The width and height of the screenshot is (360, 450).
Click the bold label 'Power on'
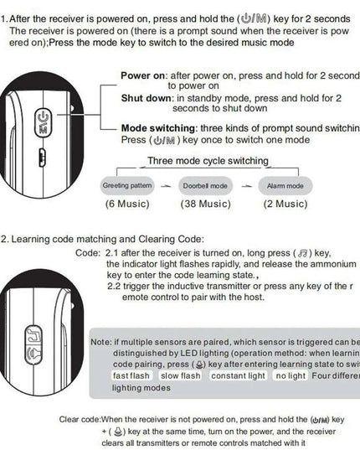143,75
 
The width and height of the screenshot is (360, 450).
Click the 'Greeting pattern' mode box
127,184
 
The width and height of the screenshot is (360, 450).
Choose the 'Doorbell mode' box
206,184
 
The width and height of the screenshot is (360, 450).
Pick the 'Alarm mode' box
285,184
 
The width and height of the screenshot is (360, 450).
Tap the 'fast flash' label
132,375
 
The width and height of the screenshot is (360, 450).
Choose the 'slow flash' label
180,375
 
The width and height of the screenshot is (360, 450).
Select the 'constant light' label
238,375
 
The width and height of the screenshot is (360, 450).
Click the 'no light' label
291,375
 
